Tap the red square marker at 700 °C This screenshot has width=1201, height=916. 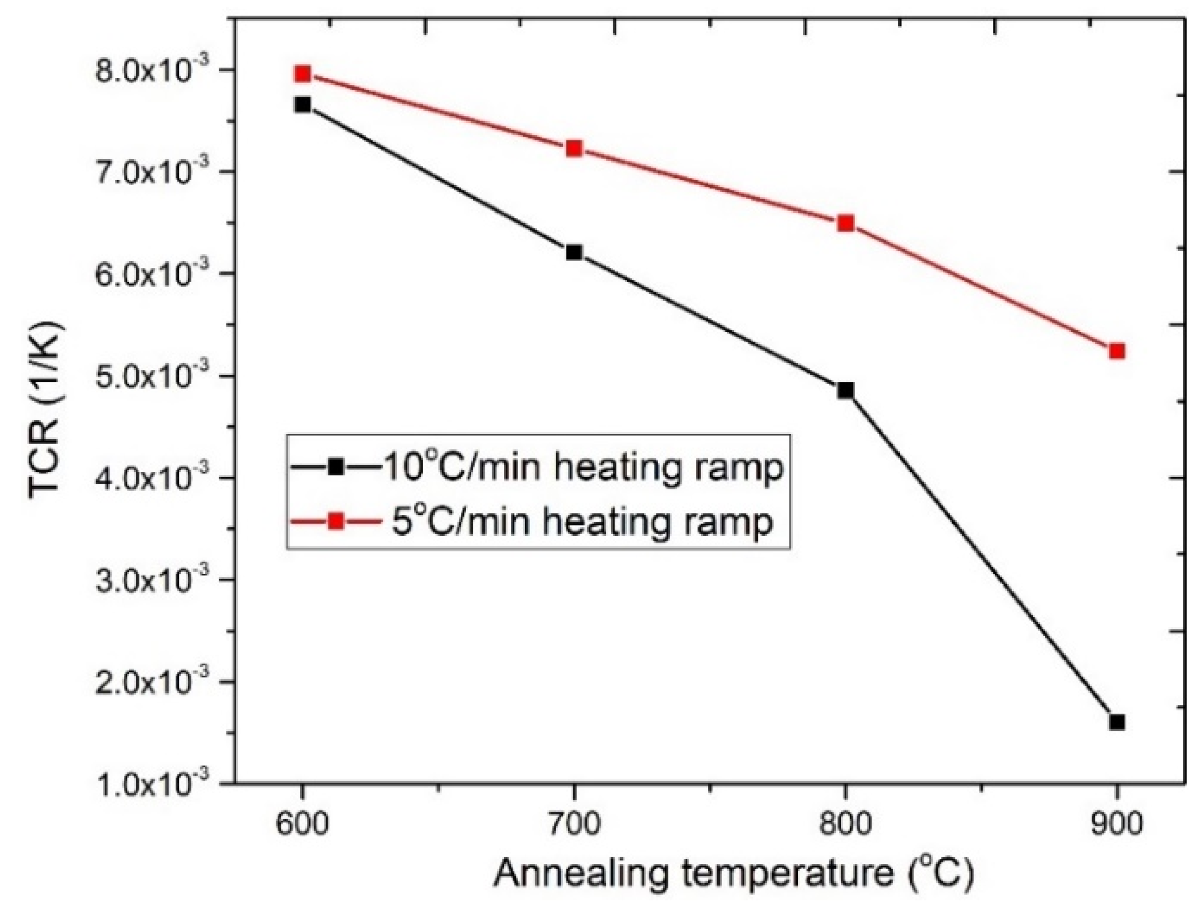(x=574, y=148)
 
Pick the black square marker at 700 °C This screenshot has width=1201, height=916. (x=574, y=252)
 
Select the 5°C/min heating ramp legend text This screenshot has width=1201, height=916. (x=582, y=522)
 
